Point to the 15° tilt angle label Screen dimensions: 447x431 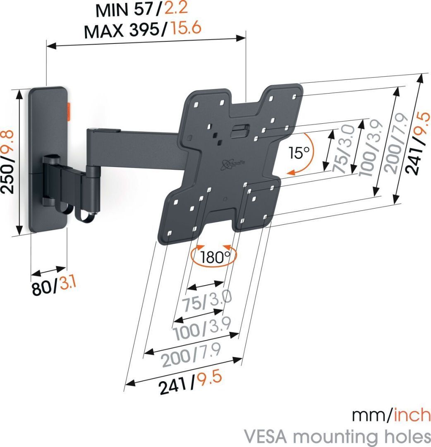[x=299, y=154]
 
